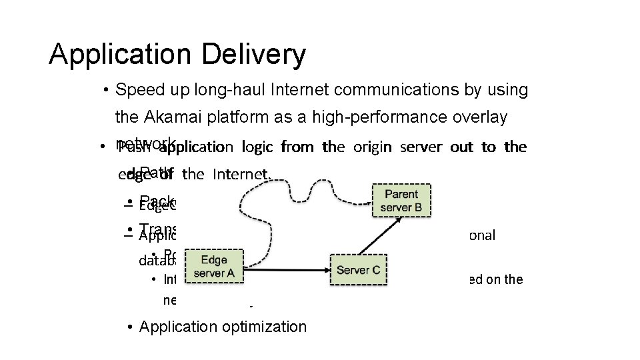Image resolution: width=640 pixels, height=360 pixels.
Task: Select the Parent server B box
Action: pyautogui.click(x=401, y=201)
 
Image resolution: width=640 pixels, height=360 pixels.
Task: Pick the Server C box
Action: pyautogui.click(x=358, y=269)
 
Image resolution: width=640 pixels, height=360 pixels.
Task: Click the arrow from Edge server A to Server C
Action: pyautogui.click(x=287, y=269)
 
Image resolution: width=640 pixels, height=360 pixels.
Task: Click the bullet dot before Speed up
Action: pyautogui.click(x=106, y=90)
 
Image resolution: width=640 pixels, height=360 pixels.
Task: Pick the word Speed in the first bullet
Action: pyautogui.click(x=135, y=89)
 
